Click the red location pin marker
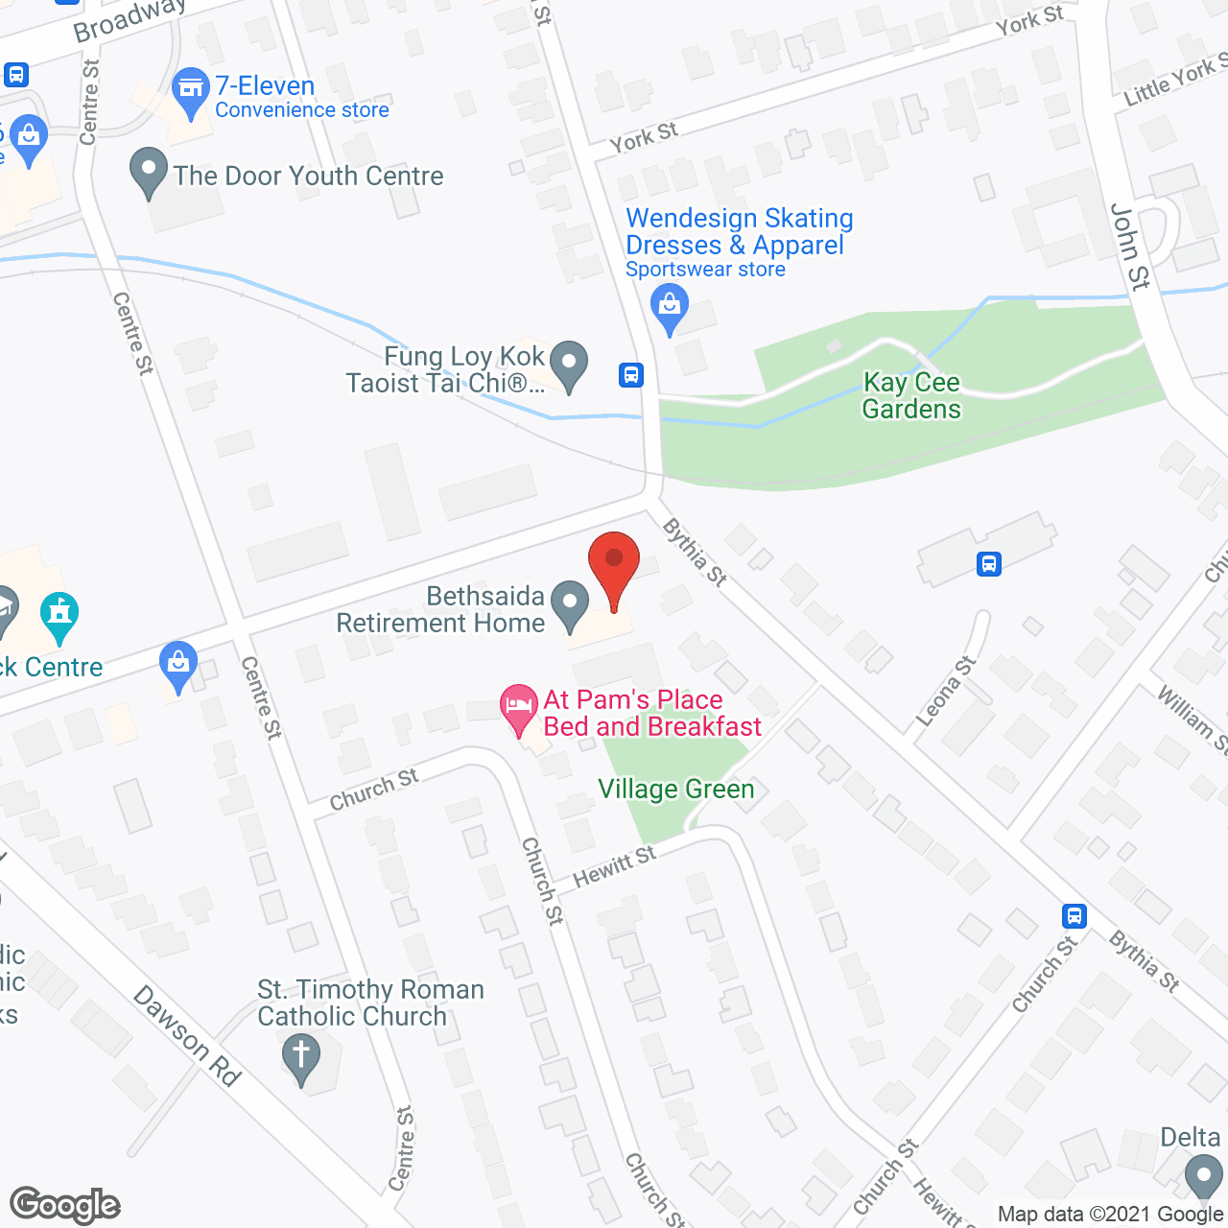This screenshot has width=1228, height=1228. click(613, 566)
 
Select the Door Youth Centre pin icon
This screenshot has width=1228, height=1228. click(149, 172)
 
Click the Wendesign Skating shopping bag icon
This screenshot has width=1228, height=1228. click(670, 308)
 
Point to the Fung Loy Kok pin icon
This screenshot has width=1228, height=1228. click(570, 366)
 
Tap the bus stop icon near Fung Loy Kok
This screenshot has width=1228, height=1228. click(630, 374)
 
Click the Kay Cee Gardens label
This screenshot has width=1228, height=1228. click(910, 395)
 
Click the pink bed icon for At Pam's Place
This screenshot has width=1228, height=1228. click(519, 708)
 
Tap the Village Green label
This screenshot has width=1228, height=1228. click(675, 789)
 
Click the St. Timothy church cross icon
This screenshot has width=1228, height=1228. click(301, 1056)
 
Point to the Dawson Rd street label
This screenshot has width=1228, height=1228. click(186, 1036)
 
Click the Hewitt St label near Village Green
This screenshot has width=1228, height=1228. click(614, 866)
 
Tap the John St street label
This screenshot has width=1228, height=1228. click(1128, 246)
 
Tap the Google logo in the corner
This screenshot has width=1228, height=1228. click(65, 1205)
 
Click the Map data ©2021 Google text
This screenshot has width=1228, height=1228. click(1110, 1214)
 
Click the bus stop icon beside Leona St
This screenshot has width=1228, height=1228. click(989, 563)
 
